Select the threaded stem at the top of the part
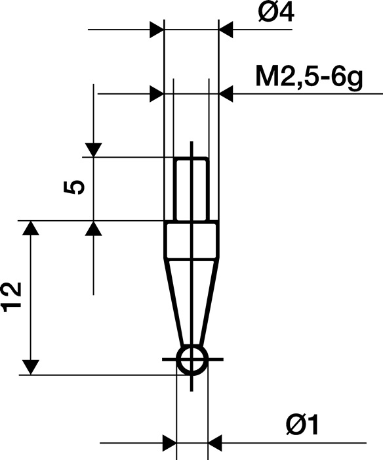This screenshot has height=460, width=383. (x=191, y=189)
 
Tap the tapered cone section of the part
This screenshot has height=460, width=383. (x=191, y=299)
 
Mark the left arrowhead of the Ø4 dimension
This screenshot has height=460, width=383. (x=157, y=30)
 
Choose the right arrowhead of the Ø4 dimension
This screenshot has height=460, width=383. (x=226, y=30)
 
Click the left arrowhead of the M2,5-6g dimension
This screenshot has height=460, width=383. (x=157, y=94)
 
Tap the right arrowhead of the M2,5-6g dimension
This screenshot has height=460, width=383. (x=226, y=94)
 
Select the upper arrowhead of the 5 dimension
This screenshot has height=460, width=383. (x=94, y=150)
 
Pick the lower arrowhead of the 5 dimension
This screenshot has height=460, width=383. (x=94, y=228)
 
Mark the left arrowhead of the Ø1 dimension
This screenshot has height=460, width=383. (x=170, y=442)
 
